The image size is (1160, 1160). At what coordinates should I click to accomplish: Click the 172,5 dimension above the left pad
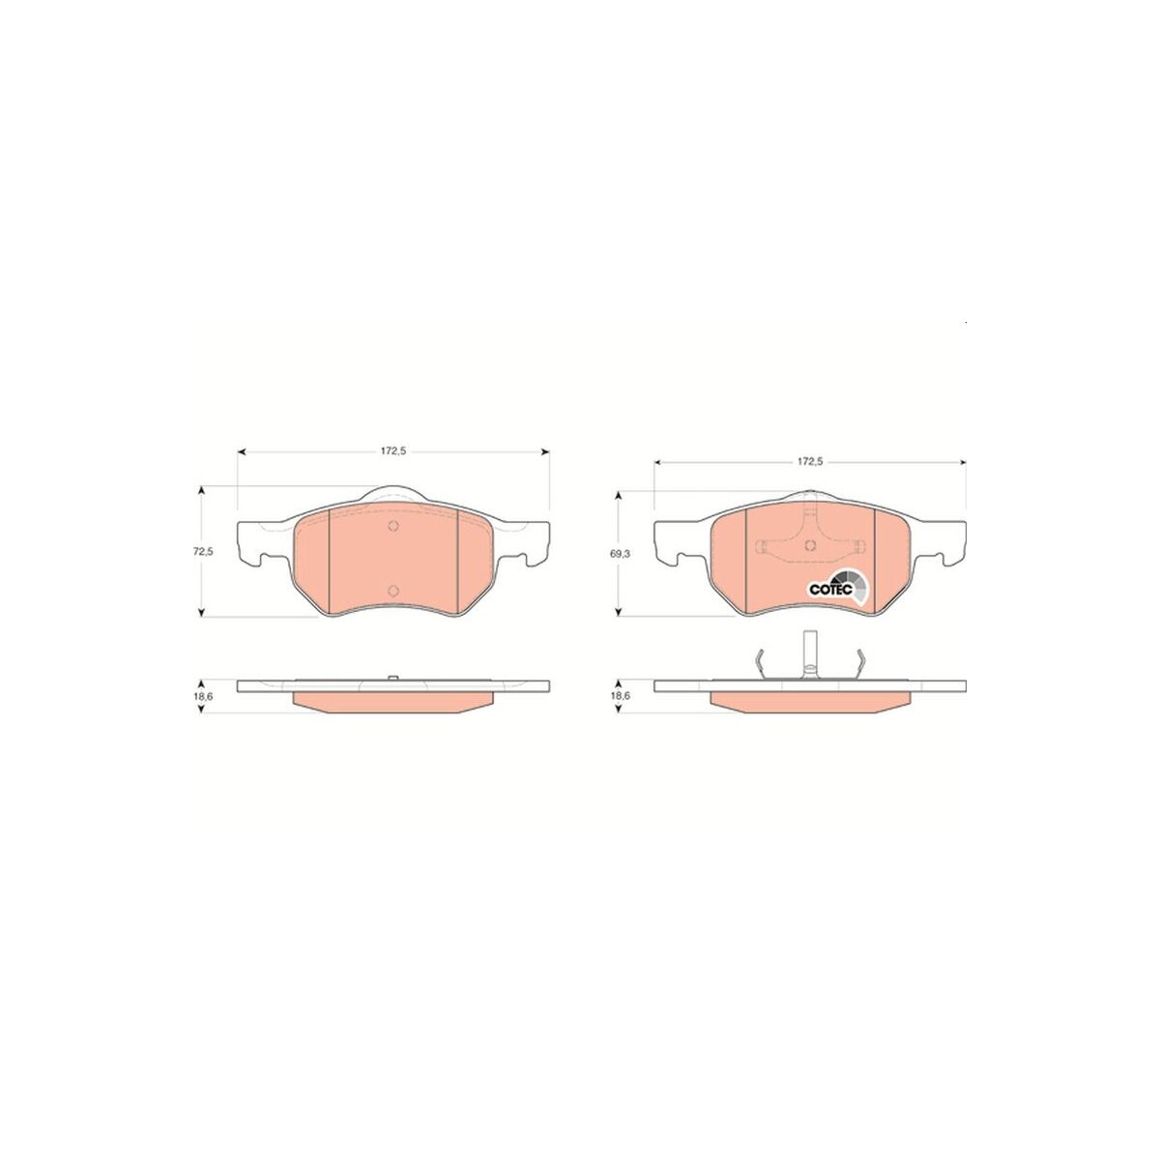pyautogui.click(x=393, y=452)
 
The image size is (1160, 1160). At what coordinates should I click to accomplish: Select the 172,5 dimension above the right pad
pyautogui.click(x=810, y=462)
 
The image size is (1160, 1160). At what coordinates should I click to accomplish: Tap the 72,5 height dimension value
pyautogui.click(x=203, y=551)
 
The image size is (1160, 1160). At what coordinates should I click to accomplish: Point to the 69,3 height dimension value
pyautogui.click(x=620, y=554)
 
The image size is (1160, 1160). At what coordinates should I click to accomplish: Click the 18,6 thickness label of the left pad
pyautogui.click(x=203, y=695)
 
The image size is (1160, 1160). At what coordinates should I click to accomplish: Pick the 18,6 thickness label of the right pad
pyautogui.click(x=620, y=695)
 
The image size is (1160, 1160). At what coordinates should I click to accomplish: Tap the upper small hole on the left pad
pyautogui.click(x=393, y=526)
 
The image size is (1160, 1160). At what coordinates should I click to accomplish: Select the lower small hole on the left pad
pyautogui.click(x=393, y=590)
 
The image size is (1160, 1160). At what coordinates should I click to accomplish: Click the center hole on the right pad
pyautogui.click(x=810, y=546)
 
